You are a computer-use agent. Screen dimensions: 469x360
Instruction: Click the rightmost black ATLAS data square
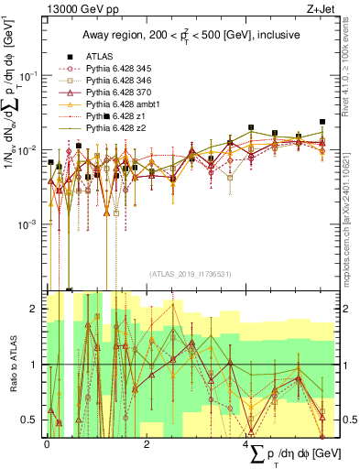[322, 121]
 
